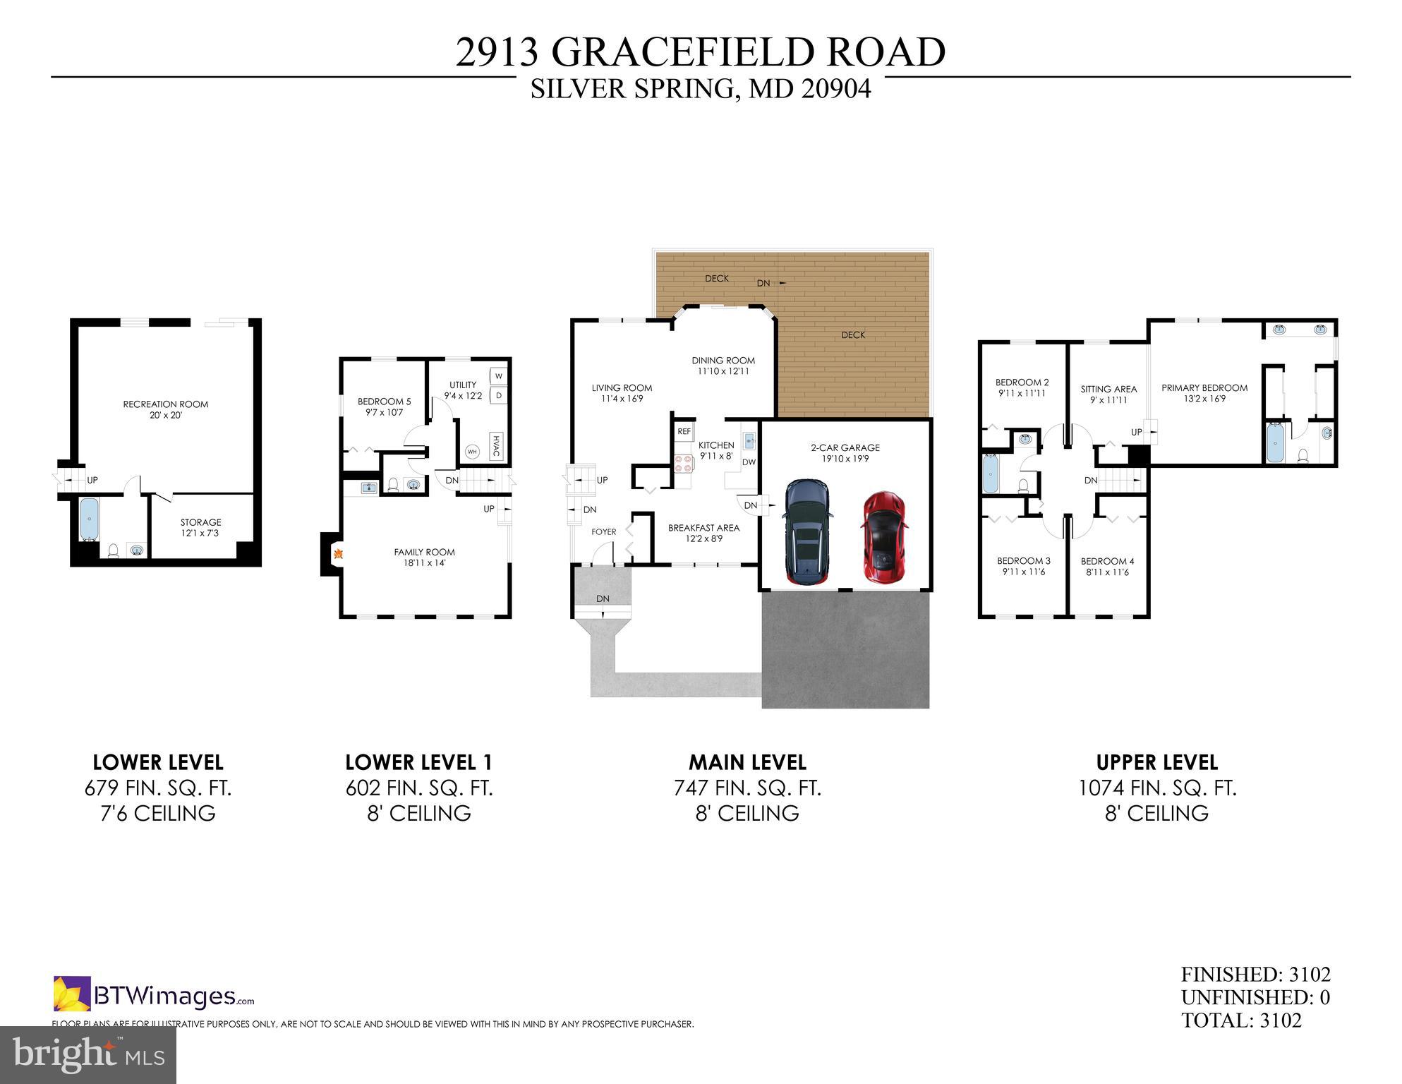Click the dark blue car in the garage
[807, 532]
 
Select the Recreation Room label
[166, 404]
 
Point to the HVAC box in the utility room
[495, 446]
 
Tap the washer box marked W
[498, 376]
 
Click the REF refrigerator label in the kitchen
[684, 431]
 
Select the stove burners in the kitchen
[684, 463]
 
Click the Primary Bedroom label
[1204, 387]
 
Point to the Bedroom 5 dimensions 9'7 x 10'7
[384, 413]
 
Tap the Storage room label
[200, 522]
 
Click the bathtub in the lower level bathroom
[89, 519]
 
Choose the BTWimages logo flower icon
[72, 993]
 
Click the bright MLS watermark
[88, 1054]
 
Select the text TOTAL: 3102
[1241, 1020]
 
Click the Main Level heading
[747, 762]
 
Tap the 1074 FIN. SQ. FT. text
[1157, 788]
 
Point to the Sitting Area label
[1108, 389]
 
